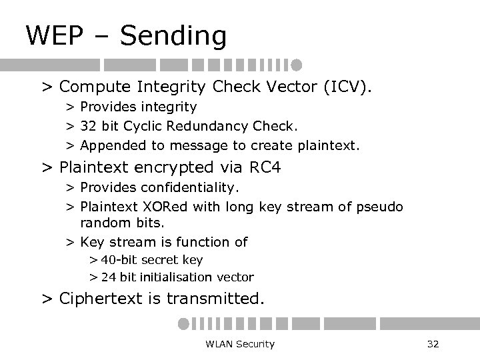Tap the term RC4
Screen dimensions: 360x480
click(263, 167)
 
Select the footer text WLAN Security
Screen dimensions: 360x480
click(241, 344)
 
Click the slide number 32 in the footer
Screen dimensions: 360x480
click(432, 344)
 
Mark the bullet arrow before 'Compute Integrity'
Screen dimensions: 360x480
click(47, 87)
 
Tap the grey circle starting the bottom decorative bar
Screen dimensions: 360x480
click(183, 323)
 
